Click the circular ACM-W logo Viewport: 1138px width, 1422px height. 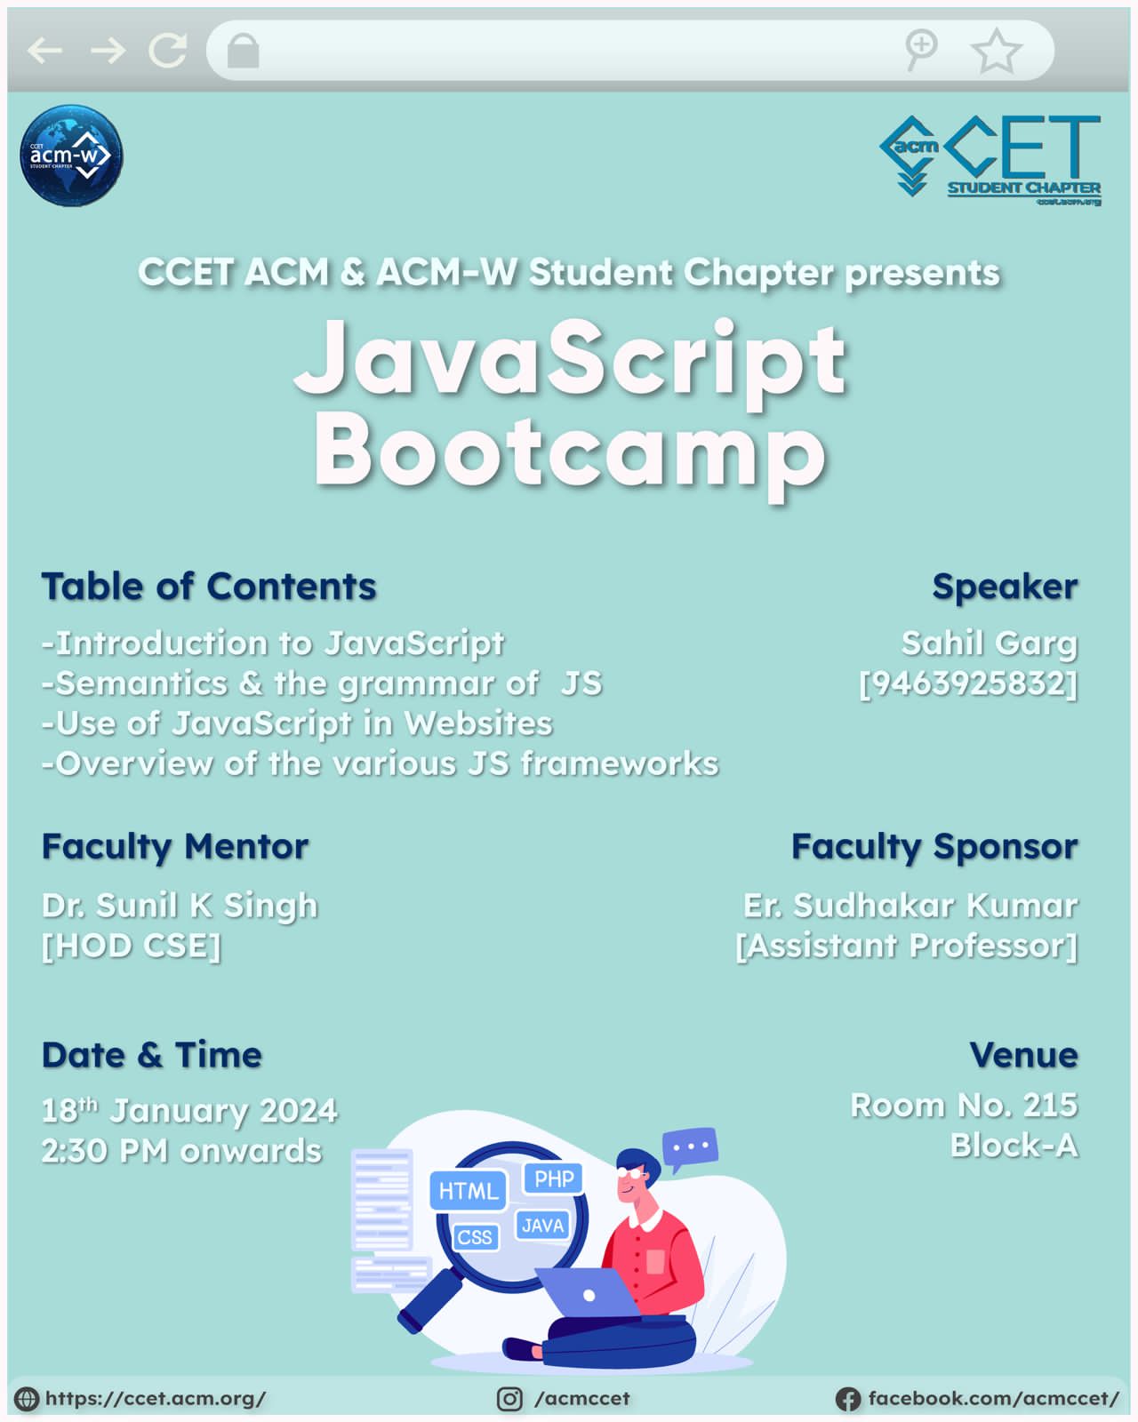click(x=71, y=156)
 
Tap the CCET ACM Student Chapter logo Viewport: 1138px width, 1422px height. click(x=990, y=161)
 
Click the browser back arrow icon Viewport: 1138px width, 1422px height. click(x=45, y=51)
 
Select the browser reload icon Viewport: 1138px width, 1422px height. click(x=167, y=51)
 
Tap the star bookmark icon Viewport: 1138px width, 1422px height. click(x=996, y=51)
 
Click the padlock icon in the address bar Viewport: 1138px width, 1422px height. click(x=243, y=51)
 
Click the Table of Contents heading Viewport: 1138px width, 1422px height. click(x=209, y=586)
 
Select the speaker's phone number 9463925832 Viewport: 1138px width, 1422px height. click(x=968, y=683)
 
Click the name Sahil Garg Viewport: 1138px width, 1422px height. click(x=990, y=643)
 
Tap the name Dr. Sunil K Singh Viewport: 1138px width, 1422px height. click(x=180, y=906)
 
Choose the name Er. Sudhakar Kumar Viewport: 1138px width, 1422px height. click(x=910, y=906)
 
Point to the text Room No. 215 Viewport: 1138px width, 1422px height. click(x=964, y=1105)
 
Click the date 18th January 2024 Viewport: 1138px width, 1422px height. click(x=189, y=1111)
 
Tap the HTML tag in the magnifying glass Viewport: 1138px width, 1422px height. click(x=469, y=1191)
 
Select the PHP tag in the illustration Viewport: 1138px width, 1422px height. click(x=554, y=1178)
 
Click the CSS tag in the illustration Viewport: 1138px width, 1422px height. click(x=475, y=1237)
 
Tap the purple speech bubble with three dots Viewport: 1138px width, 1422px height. click(x=690, y=1147)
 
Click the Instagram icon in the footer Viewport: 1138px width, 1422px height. click(x=509, y=1398)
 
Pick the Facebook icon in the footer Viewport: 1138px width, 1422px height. click(x=848, y=1399)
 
